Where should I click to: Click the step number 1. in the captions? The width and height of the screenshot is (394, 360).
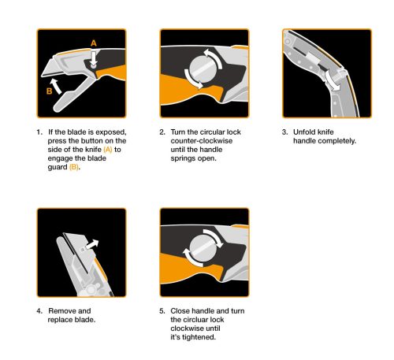click(x=39, y=131)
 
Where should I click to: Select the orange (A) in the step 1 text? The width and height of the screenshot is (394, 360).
click(x=108, y=149)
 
